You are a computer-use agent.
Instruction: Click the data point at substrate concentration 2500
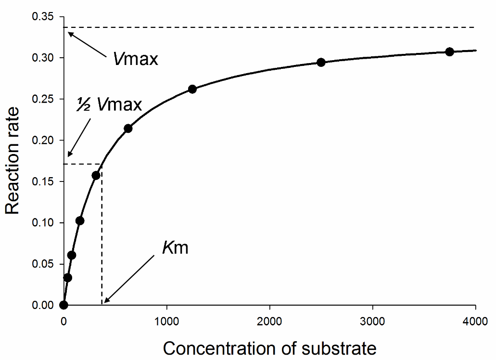pos(321,62)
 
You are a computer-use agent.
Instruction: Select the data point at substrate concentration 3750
pos(449,51)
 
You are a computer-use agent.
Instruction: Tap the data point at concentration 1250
pos(192,89)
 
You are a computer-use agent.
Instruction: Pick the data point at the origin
pos(64,305)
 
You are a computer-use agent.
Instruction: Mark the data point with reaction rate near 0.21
pos(128,128)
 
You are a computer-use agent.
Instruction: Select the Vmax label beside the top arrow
pos(136,59)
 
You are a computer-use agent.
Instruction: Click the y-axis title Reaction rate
pos(13,161)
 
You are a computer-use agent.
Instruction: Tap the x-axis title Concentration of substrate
pos(269,347)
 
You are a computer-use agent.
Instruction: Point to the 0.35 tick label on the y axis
pos(42,17)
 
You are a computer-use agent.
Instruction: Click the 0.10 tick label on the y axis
pos(42,223)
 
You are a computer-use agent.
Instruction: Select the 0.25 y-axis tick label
pos(42,99)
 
